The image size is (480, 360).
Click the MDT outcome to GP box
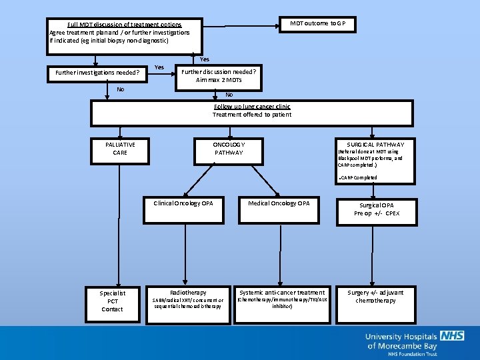(317, 24)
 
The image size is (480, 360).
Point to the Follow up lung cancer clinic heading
(252, 107)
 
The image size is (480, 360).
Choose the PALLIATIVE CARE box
(120, 149)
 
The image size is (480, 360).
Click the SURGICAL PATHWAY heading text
(375, 145)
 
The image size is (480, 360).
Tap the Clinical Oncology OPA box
(183, 204)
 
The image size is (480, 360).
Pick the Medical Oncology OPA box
(279, 204)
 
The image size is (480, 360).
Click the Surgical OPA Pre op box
(376, 210)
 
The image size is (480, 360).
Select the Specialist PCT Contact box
(112, 301)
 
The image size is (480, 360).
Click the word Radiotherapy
(188, 293)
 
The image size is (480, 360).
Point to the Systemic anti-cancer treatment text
(282, 293)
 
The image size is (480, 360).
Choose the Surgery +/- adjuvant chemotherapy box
(375, 297)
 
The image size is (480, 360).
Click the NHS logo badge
(452, 335)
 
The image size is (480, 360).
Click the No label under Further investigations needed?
(120, 89)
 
